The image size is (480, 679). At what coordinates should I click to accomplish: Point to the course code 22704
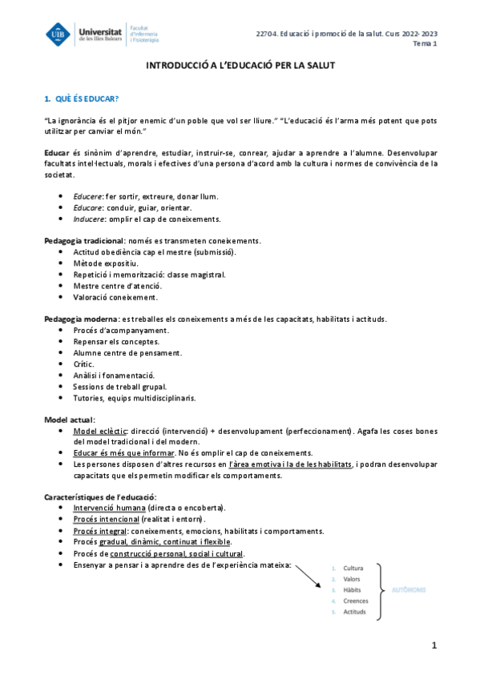[266, 33]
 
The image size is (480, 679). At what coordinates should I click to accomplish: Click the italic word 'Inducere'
[88, 219]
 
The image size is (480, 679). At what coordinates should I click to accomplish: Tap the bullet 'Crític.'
[83, 364]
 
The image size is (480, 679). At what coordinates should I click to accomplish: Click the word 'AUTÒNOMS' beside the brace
[409, 590]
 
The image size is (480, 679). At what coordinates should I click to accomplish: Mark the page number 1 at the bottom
[434, 645]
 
